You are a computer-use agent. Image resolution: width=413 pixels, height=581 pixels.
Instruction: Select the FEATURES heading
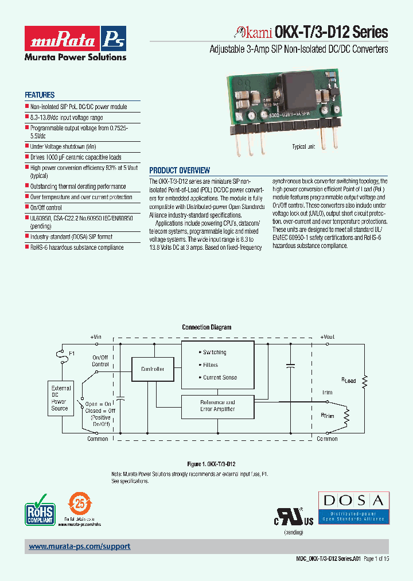(x=40, y=95)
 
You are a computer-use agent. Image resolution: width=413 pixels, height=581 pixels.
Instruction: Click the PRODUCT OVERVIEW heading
(x=180, y=171)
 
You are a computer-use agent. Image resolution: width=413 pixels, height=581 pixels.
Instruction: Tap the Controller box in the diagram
(x=153, y=369)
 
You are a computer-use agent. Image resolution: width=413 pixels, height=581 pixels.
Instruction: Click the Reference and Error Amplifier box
(x=217, y=406)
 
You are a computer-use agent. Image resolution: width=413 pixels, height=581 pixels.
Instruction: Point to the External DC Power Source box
(x=60, y=398)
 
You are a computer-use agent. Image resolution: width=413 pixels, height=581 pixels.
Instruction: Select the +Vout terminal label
(x=328, y=337)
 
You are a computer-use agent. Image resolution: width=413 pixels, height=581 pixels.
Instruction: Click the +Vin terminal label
(x=96, y=337)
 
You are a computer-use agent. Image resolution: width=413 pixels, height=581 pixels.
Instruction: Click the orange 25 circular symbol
(x=80, y=505)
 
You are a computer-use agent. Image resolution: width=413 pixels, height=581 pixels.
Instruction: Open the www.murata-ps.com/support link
(x=80, y=547)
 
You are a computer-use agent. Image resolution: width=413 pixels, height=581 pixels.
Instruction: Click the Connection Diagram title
(x=206, y=327)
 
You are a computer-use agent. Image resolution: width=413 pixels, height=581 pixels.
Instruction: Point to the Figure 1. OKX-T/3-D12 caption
(x=212, y=463)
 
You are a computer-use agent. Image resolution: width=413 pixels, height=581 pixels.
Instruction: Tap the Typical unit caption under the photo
(x=303, y=147)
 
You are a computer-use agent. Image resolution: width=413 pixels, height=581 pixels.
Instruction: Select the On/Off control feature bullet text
(x=46, y=207)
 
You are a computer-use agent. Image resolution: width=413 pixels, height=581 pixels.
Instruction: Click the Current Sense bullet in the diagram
(x=219, y=378)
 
